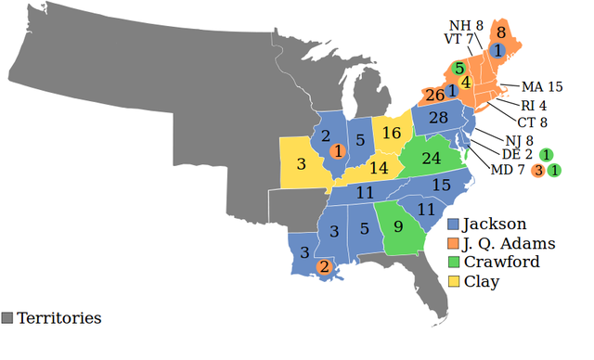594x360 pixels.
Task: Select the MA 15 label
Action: click(543, 87)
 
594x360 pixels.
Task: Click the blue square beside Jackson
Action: click(453, 224)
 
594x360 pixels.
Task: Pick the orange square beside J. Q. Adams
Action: click(453, 243)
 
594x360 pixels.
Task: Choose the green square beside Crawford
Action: click(453, 262)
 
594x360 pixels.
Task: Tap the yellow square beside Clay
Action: click(453, 280)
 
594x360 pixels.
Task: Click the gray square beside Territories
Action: click(8, 318)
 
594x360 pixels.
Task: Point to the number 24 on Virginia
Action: click(431, 158)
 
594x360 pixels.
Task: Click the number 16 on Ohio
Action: click(391, 133)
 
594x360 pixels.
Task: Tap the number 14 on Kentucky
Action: click(378, 169)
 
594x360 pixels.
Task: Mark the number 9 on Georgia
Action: click(398, 225)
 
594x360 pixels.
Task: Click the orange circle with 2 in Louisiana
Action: click(323, 267)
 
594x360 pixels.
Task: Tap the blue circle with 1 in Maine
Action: click(498, 50)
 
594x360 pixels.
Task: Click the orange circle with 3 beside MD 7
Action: click(537, 170)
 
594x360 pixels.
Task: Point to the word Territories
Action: click(58, 318)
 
